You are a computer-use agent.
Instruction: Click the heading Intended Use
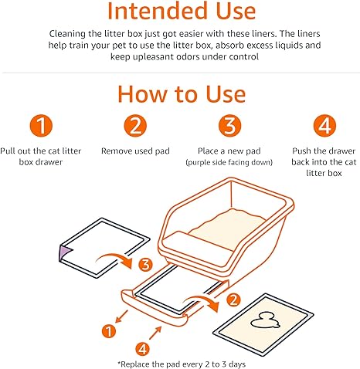coord(182,11)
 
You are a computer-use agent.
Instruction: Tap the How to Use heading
coord(182,94)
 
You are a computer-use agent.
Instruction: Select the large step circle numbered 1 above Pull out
coord(41,126)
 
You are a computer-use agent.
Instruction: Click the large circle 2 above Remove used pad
coord(135,126)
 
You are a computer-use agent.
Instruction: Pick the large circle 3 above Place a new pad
coord(229,126)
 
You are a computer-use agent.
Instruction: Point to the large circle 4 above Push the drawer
coord(324,126)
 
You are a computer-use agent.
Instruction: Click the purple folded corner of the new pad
coord(64,253)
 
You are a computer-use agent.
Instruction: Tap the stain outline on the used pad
coord(265,321)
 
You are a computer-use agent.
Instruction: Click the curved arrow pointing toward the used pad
coord(203,300)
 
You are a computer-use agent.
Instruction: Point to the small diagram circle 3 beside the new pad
coord(145,264)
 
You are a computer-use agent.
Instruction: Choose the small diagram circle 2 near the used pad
coord(233,300)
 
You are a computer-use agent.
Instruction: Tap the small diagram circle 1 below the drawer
coord(109,331)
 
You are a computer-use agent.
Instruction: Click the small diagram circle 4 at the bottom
coord(142,349)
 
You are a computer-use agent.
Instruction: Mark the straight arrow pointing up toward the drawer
coord(155,333)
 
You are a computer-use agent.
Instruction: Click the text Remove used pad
coord(135,151)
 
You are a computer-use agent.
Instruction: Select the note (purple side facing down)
coord(229,162)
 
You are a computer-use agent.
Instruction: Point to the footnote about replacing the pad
coord(182,364)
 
